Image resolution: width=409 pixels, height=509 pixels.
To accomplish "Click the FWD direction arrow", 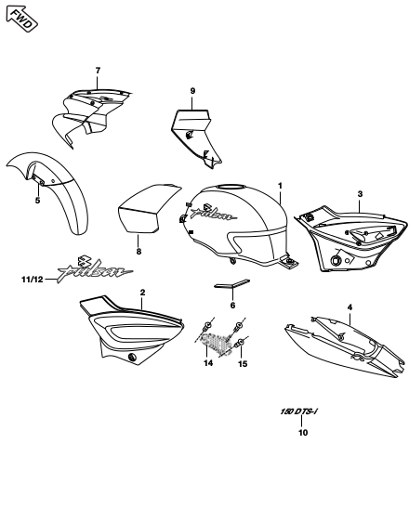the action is (21, 19).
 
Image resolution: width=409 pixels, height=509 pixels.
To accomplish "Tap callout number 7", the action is (98, 70).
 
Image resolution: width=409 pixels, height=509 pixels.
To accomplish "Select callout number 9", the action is (192, 91).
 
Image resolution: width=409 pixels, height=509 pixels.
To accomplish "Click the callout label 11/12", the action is (33, 280).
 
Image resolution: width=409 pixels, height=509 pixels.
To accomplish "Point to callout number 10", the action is (303, 433).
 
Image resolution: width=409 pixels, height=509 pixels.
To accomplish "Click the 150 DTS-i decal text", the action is (298, 412).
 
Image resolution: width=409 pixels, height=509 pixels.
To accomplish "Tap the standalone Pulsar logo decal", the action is (96, 269).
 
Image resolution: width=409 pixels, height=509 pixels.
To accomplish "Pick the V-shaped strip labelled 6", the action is (232, 283).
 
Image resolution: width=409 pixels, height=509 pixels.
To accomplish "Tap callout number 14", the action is (208, 362).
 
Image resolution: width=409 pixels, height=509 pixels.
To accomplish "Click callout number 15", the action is (243, 364).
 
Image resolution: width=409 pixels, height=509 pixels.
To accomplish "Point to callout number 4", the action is (350, 307).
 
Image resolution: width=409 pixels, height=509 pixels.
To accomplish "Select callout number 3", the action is (360, 194).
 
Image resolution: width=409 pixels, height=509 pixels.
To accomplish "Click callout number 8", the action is (139, 252).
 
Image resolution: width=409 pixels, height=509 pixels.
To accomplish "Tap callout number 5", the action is (38, 201).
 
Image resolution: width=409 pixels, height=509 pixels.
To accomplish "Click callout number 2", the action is (142, 293).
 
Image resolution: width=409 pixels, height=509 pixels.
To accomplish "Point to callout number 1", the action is (280, 186).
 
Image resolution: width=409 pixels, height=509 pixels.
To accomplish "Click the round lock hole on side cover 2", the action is (133, 358).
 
